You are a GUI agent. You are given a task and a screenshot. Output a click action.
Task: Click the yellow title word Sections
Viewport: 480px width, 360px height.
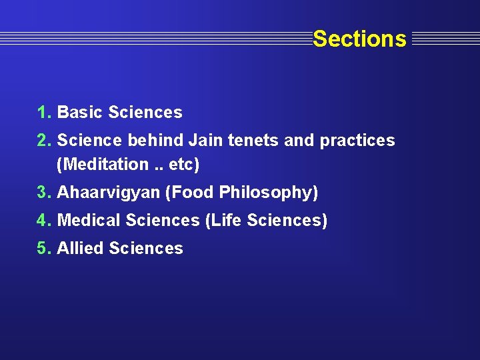coord(359,39)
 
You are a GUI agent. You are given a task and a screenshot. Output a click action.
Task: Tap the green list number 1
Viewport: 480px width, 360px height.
coord(44,113)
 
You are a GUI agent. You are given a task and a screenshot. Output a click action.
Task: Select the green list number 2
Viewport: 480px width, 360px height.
coord(44,141)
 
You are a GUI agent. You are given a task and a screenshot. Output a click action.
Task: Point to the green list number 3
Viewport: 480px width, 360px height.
coord(44,193)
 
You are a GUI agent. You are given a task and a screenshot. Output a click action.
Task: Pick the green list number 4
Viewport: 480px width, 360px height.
coord(44,221)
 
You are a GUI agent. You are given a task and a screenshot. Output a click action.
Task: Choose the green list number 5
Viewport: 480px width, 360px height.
coord(44,249)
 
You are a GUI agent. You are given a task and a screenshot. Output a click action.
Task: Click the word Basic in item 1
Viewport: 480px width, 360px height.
coord(80,113)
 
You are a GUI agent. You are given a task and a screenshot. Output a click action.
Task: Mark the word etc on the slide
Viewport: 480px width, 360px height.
coord(182,164)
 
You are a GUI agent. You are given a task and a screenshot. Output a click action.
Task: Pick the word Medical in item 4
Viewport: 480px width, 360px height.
coord(89,221)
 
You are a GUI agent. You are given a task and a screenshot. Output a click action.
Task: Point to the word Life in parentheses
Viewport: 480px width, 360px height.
coord(227,221)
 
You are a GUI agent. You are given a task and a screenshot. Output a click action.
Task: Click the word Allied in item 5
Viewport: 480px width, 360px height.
coord(81,249)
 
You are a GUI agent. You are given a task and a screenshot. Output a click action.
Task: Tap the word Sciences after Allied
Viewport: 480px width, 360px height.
coord(146,249)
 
